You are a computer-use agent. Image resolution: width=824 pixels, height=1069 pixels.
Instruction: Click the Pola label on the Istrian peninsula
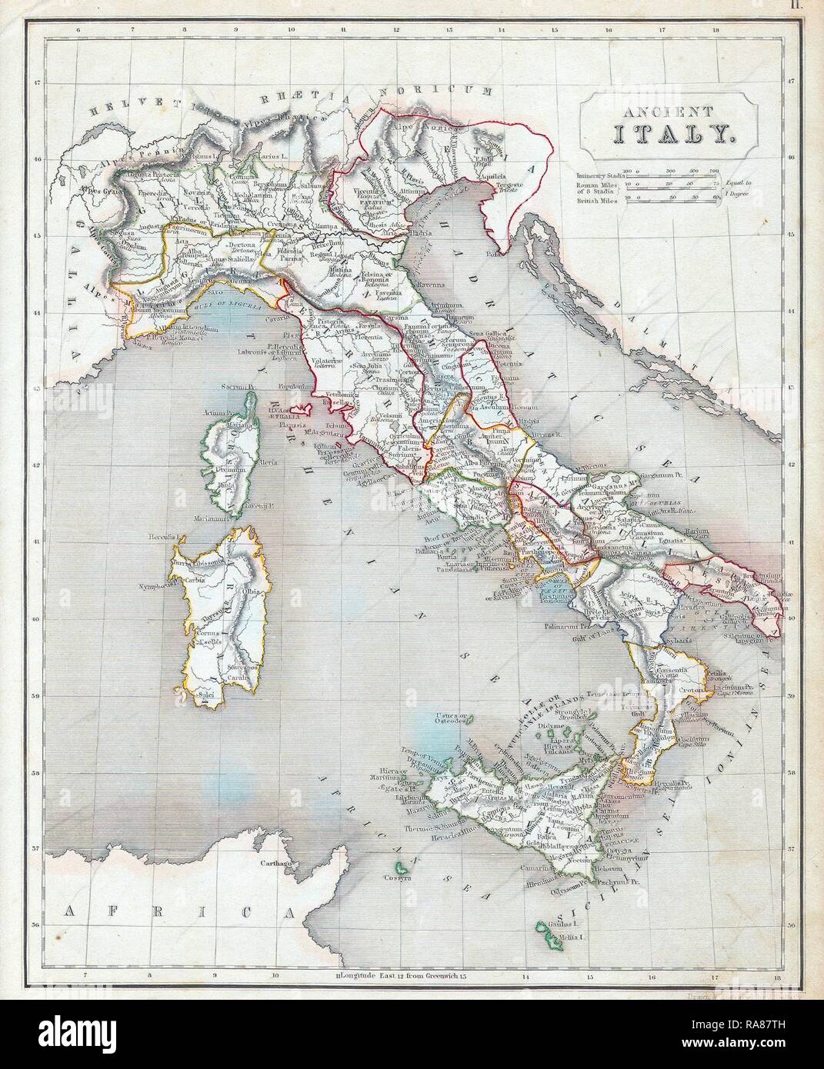491,251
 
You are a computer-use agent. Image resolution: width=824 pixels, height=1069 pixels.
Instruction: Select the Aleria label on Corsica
267,441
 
